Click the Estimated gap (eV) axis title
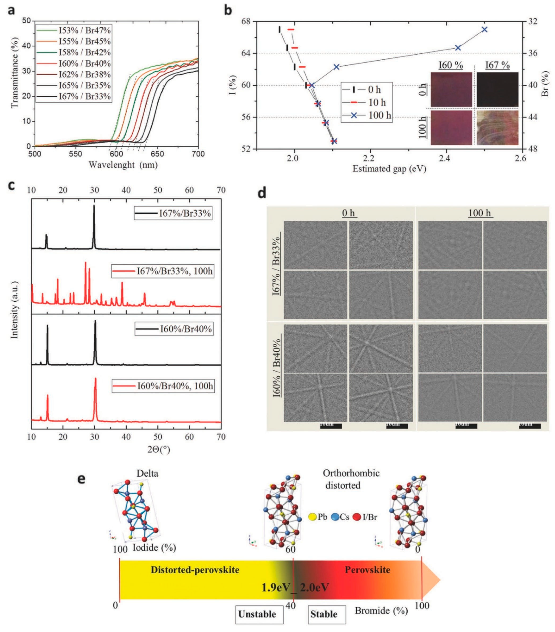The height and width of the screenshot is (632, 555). click(389, 169)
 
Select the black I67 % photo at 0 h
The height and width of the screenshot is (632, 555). click(497, 90)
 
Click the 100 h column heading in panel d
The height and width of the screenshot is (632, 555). click(480, 213)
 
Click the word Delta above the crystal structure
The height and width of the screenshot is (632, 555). click(147, 473)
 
